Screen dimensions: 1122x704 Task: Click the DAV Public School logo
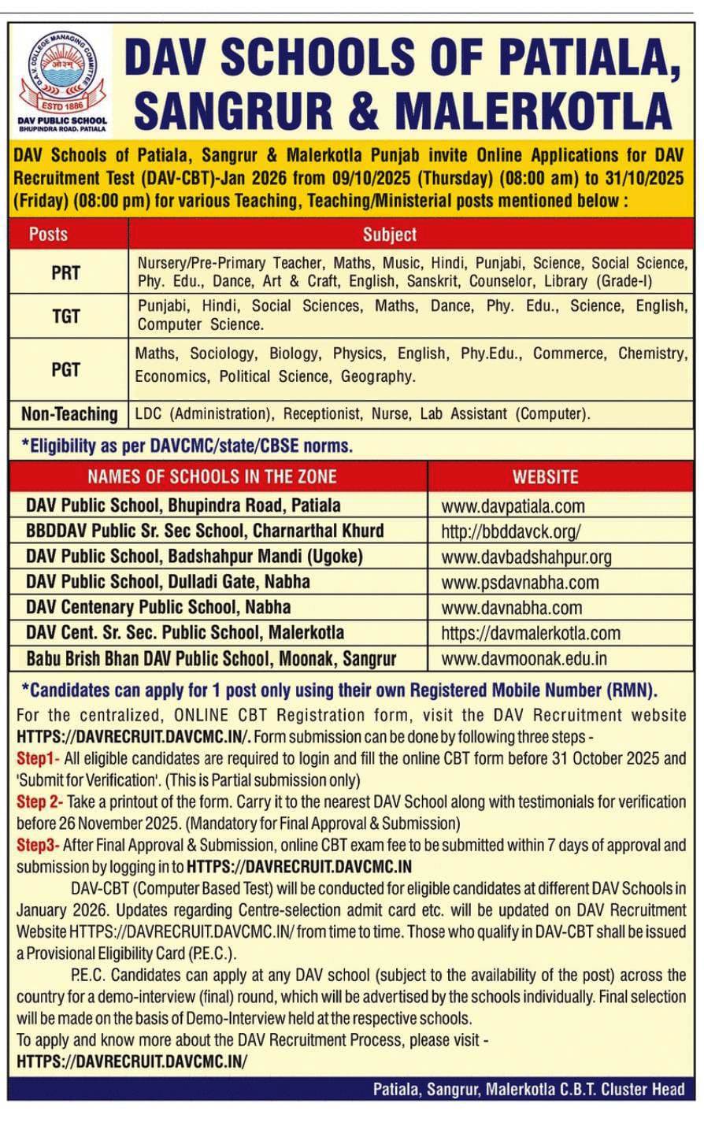coord(62,79)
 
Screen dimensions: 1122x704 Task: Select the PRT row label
coord(66,272)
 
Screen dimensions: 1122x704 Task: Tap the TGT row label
coord(66,316)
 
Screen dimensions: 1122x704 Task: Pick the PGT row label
coord(66,368)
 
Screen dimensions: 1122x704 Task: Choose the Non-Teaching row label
coord(69,413)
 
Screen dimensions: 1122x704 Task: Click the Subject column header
coord(390,234)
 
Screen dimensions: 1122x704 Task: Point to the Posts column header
coord(49,234)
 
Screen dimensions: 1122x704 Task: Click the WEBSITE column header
coord(545,476)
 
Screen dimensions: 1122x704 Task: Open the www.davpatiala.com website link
coord(513,506)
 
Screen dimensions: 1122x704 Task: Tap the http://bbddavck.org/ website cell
coord(511,531)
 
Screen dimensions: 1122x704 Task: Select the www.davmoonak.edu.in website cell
coord(524,659)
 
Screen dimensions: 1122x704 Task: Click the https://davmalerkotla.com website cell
coord(530,633)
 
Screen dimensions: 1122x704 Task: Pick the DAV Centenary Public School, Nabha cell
coord(158,607)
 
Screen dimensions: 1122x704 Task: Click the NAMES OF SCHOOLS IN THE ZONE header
coord(212,476)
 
